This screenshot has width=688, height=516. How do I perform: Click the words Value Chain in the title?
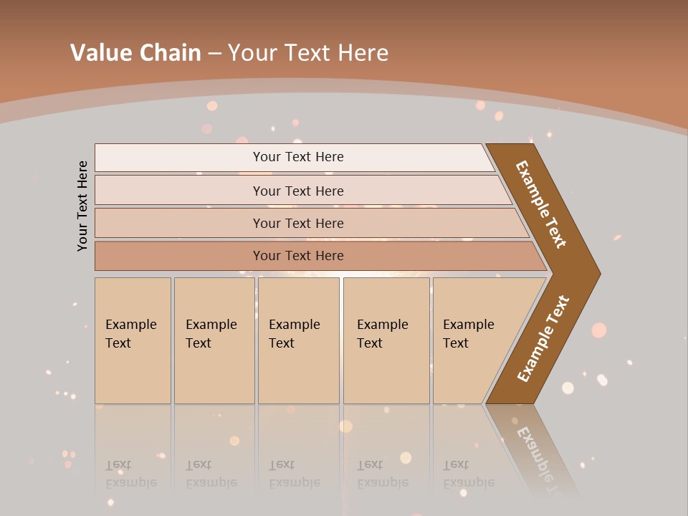coord(135,52)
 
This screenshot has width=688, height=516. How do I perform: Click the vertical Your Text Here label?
coord(82,206)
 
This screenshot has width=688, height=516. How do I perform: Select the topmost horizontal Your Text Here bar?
coord(297,157)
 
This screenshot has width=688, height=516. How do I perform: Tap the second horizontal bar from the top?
coord(297,191)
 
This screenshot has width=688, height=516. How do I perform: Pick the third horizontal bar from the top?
coord(297,223)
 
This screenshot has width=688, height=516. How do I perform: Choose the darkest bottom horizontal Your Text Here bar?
coord(297,256)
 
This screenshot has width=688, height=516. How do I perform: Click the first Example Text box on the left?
coord(133,340)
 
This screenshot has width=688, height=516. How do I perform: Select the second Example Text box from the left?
coord(214,340)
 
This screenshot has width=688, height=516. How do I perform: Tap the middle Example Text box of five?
coord(298,340)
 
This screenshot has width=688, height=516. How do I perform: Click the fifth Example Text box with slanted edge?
coord(473,340)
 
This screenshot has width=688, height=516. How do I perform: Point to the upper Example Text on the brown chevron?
coord(541,204)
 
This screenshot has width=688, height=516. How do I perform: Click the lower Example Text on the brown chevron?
coord(543,339)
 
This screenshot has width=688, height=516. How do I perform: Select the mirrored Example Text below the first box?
coord(130,474)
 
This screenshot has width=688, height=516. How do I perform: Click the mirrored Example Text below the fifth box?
coord(468,474)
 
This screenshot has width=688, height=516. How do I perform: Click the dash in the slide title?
coord(214,52)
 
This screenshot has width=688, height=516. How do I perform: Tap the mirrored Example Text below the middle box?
coord(294,474)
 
